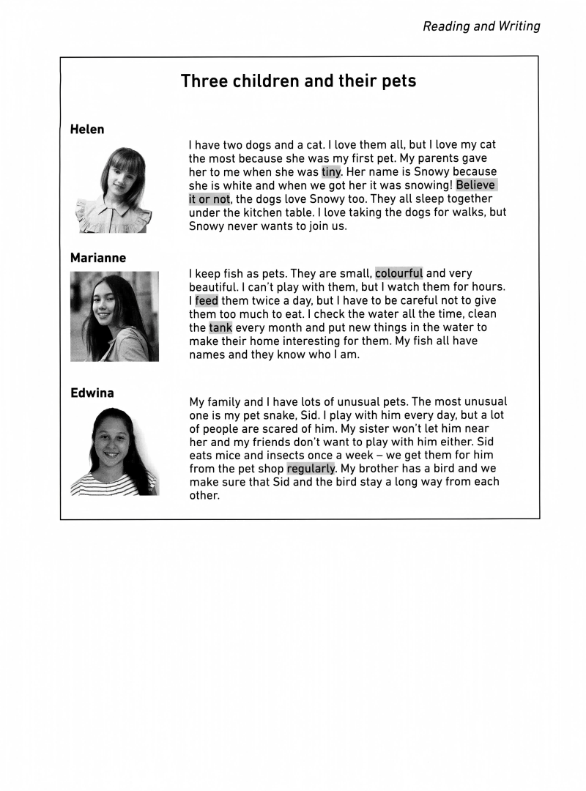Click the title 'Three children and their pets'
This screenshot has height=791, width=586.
(298, 81)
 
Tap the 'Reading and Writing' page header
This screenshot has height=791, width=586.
(481, 27)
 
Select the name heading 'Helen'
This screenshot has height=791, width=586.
(87, 130)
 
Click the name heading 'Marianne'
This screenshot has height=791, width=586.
(98, 258)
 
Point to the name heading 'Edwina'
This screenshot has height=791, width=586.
(92, 393)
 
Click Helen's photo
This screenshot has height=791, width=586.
(114, 190)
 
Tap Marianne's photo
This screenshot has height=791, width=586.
(114, 316)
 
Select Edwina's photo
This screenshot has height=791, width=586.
(114, 450)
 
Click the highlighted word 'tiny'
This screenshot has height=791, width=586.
(331, 172)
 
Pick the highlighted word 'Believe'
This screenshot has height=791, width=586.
(476, 185)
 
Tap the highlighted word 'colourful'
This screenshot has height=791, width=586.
(398, 274)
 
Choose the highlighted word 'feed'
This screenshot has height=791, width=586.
(206, 300)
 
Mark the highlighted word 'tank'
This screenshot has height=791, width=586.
(220, 327)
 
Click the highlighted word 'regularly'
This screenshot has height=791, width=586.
(311, 469)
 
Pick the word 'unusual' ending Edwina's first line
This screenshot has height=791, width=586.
(484, 401)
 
